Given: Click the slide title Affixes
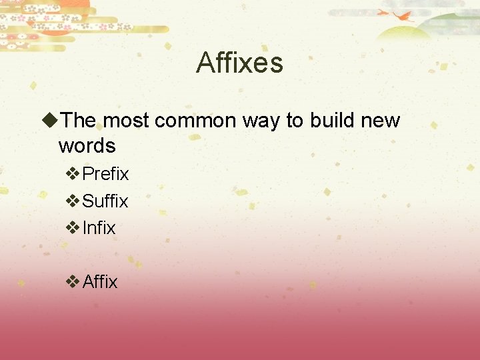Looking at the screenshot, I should click(x=239, y=63).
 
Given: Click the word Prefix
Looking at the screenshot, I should click(x=105, y=174).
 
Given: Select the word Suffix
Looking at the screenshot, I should click(x=105, y=201).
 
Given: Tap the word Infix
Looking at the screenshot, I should click(x=99, y=228).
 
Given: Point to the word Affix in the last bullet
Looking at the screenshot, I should click(x=100, y=282).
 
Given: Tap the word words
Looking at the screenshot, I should click(x=87, y=145).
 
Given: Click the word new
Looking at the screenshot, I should click(x=381, y=121).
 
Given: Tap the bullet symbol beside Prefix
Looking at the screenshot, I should click(x=73, y=174).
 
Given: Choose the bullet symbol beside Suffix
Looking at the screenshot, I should click(x=73, y=201).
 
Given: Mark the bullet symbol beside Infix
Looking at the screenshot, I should click(x=73, y=228).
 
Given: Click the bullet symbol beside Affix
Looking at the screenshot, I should click(x=73, y=282).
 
